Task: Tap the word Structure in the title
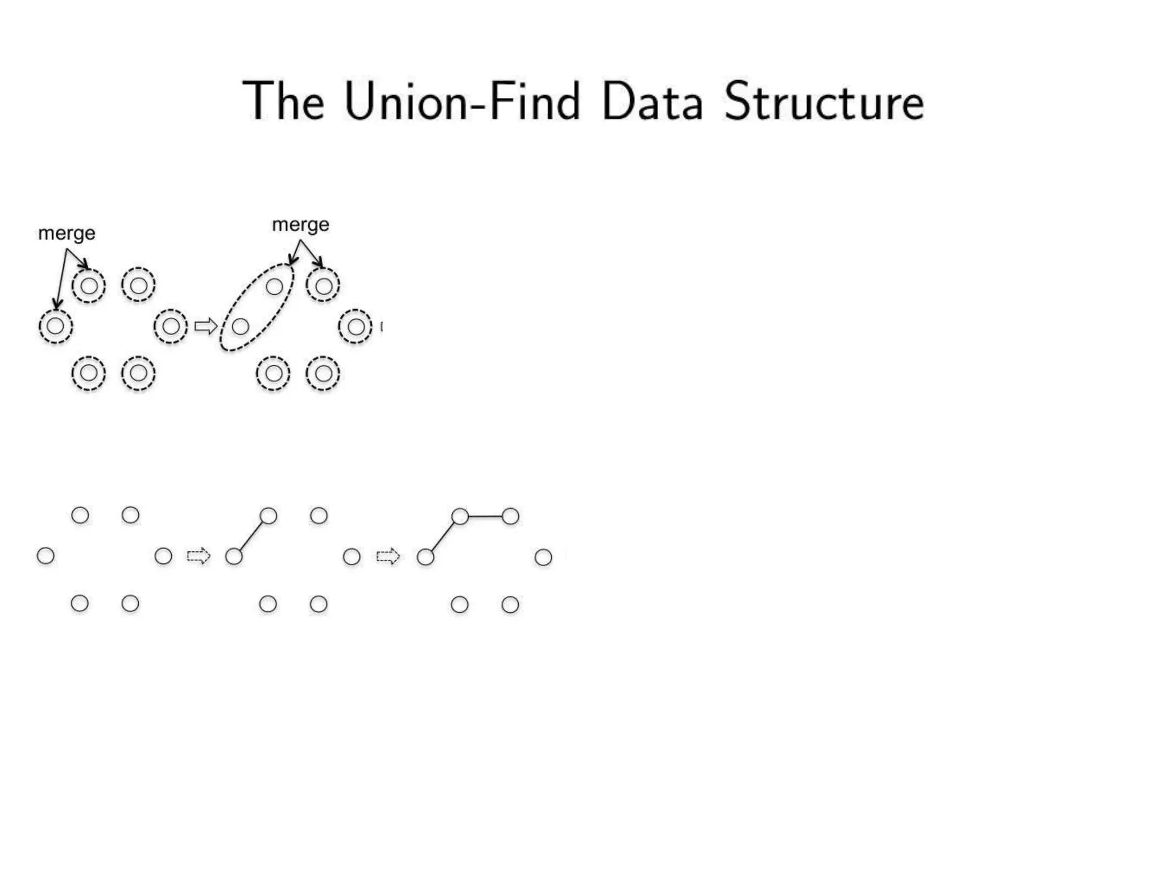click(x=824, y=102)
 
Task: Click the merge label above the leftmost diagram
click(x=67, y=233)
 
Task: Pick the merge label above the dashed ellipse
click(x=300, y=225)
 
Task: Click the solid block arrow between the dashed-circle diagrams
click(x=205, y=327)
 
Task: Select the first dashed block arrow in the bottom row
click(x=199, y=556)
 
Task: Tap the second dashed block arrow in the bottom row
click(x=388, y=556)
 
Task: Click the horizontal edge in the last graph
click(x=485, y=517)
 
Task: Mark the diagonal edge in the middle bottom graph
click(x=251, y=537)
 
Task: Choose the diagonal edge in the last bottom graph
click(x=443, y=537)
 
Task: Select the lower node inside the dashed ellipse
click(x=241, y=327)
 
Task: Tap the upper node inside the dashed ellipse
click(x=274, y=287)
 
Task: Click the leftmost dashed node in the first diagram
click(x=56, y=327)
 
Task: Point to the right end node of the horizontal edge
click(x=510, y=517)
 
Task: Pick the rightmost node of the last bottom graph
click(x=543, y=557)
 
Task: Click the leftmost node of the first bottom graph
click(x=46, y=556)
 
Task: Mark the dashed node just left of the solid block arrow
click(x=171, y=327)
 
